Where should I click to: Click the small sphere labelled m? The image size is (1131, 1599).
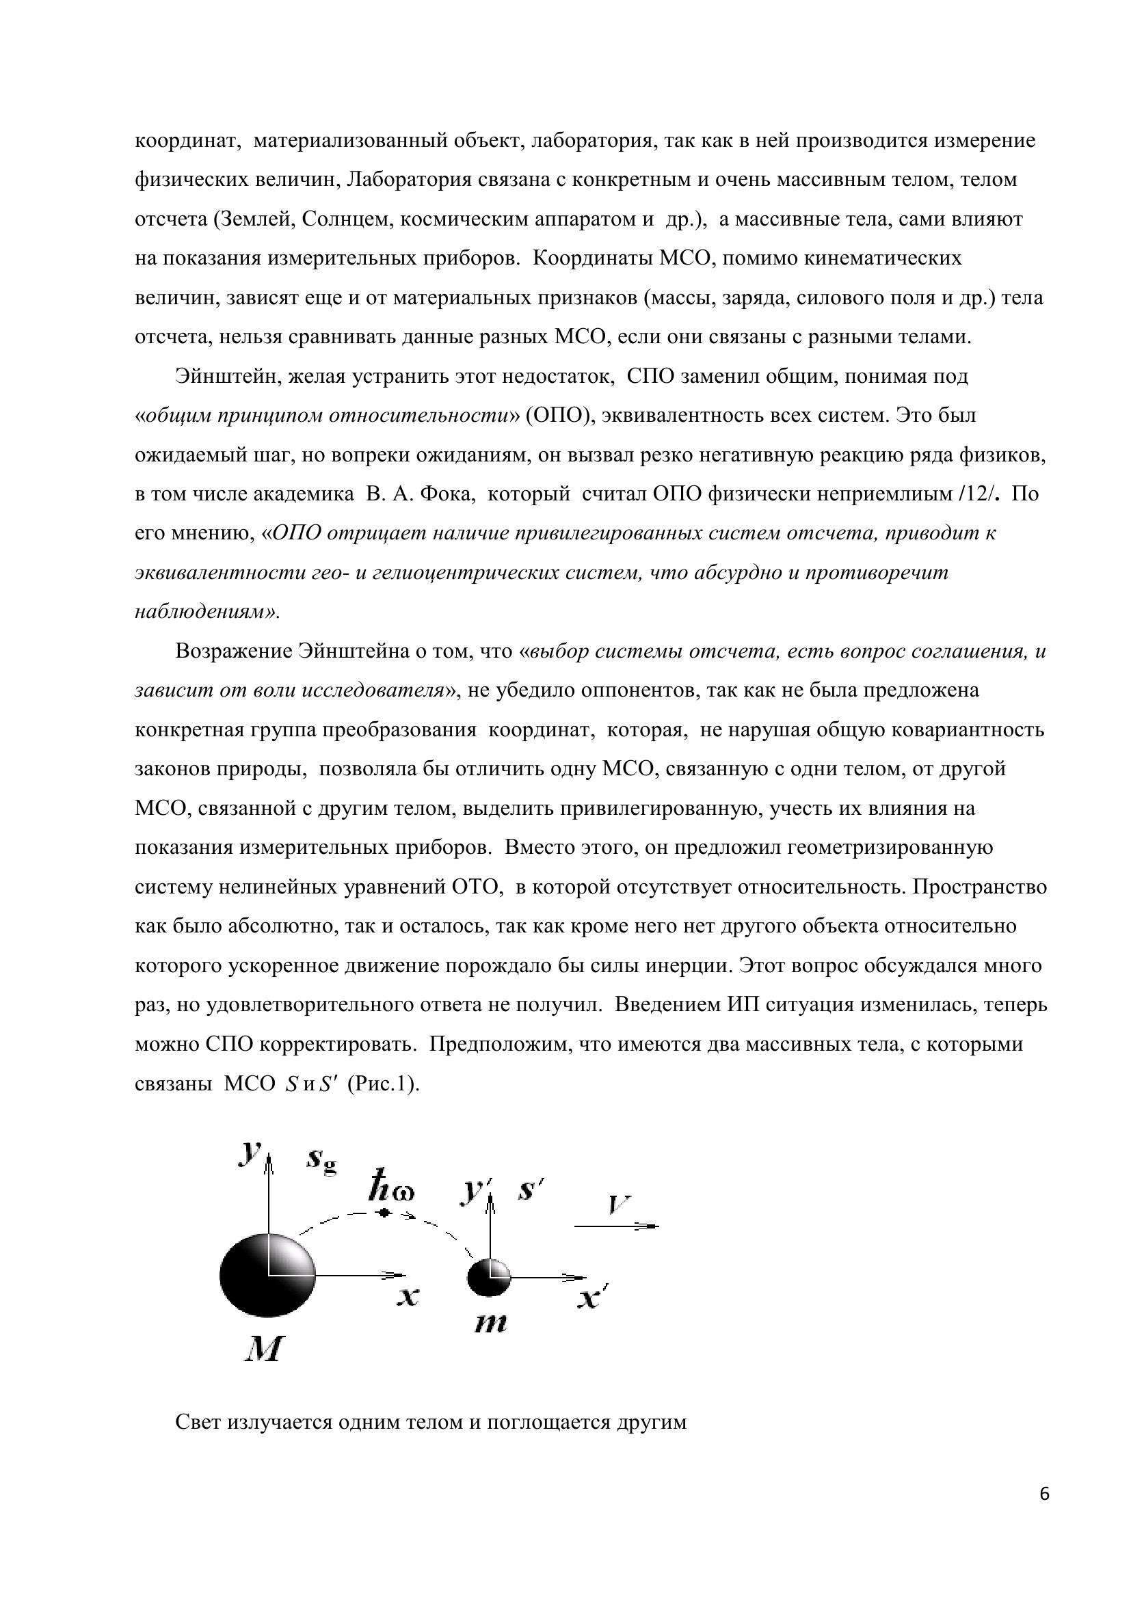(x=488, y=1277)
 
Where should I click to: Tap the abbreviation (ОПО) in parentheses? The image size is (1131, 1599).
(x=559, y=416)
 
